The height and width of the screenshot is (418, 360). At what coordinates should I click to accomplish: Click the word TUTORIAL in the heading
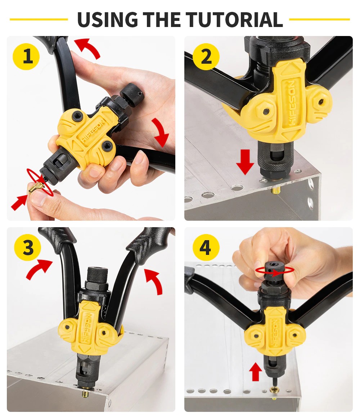click(x=234, y=19)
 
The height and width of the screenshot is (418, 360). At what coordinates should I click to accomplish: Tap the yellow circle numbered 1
click(x=26, y=57)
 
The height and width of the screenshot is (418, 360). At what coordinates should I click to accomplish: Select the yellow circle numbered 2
click(x=206, y=57)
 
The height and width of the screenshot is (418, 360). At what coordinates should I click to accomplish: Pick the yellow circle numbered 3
click(x=27, y=247)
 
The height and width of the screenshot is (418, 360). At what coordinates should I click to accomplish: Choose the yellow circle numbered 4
click(x=206, y=247)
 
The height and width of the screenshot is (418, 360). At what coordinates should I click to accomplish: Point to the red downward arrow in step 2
click(x=245, y=162)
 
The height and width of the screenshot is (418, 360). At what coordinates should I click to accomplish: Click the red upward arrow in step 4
click(x=256, y=372)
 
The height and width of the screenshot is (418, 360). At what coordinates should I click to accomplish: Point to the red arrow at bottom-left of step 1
click(x=19, y=202)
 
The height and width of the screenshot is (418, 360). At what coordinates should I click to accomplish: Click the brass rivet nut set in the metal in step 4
click(x=274, y=390)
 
